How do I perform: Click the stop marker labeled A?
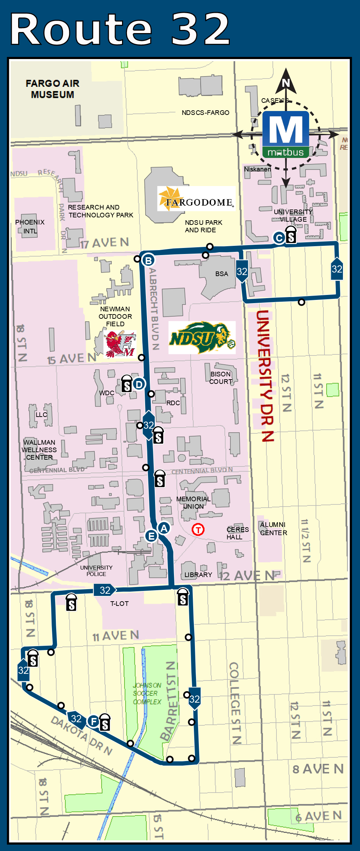(x=164, y=528)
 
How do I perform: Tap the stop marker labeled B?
(x=148, y=260)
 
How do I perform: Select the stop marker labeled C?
(x=279, y=238)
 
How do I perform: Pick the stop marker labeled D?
(x=139, y=384)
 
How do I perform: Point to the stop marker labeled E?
(x=151, y=536)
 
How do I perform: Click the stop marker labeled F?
(x=94, y=721)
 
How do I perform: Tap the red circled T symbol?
(x=198, y=529)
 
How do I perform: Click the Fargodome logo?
(x=196, y=199)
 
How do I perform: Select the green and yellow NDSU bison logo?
(x=202, y=337)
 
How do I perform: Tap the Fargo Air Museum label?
(x=53, y=89)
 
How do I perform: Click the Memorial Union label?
(x=194, y=503)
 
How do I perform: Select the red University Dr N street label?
(x=265, y=375)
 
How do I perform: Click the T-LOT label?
(x=119, y=604)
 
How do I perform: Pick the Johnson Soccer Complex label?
(x=147, y=693)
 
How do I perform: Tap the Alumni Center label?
(x=273, y=529)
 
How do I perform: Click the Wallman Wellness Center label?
(x=39, y=450)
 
